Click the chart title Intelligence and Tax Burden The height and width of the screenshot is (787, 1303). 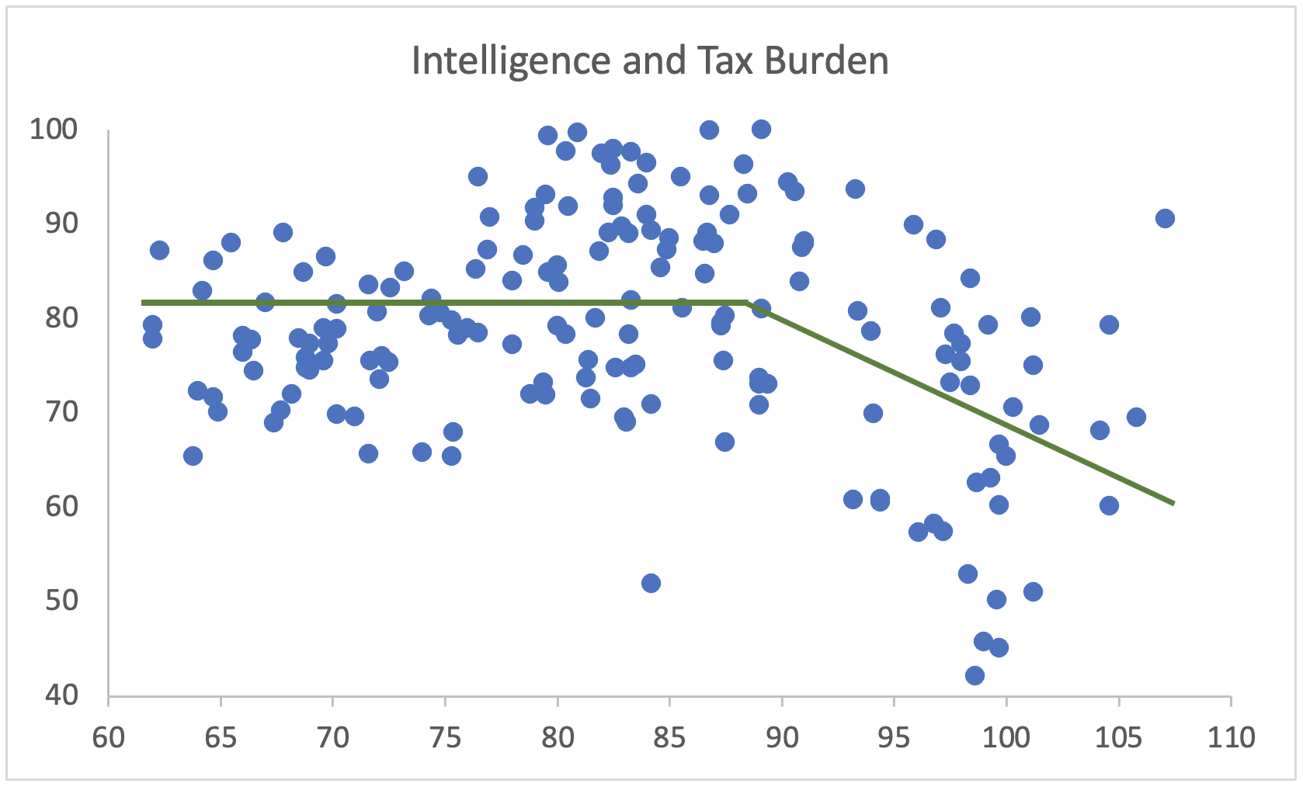(650, 61)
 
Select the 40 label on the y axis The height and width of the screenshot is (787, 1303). (61, 695)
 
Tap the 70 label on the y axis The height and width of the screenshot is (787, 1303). (61, 411)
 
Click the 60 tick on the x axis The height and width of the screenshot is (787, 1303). (109, 737)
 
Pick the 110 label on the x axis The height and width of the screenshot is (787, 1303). (1231, 737)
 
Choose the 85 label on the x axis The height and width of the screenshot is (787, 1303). (669, 737)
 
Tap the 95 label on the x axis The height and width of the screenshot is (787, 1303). (894, 737)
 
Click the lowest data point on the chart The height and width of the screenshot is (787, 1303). (975, 675)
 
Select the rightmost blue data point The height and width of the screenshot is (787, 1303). (1165, 218)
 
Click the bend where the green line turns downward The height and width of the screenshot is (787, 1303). (747, 303)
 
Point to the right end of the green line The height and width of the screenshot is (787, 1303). (1173, 504)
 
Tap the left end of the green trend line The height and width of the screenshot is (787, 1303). (143, 303)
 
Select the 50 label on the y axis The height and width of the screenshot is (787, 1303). (61, 600)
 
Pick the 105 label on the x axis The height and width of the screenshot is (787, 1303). (1118, 737)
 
